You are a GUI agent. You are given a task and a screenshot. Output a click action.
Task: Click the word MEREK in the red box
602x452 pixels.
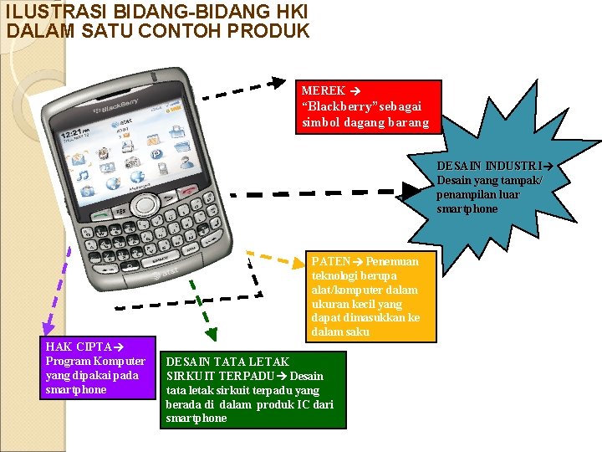pyautogui.click(x=324, y=90)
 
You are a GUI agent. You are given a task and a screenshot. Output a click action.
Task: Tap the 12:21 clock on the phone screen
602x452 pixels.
pyautogui.click(x=70, y=134)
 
